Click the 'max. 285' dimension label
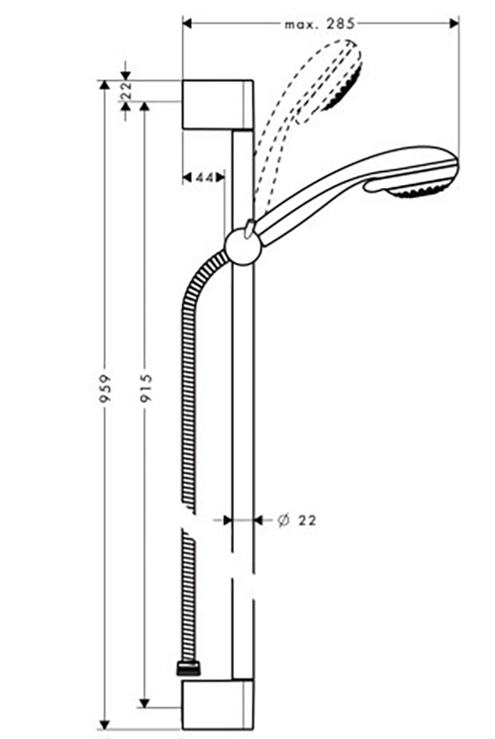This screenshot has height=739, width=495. [319, 24]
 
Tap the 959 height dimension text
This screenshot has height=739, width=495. [106, 389]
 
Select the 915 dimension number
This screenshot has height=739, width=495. [147, 388]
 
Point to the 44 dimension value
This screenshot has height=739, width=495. [203, 178]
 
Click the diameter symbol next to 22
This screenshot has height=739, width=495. [283, 520]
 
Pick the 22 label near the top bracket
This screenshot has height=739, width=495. [126, 91]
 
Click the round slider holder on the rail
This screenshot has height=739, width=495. [243, 247]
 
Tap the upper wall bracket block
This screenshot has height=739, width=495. [218, 105]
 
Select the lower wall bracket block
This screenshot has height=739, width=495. [218, 704]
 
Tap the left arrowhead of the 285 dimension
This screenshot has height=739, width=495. [187, 23]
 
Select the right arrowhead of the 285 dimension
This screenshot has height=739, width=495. [454, 23]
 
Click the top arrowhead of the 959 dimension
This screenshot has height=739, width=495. [105, 85]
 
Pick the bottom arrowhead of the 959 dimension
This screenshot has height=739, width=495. [105, 725]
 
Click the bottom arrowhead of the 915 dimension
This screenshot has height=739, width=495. [145, 702]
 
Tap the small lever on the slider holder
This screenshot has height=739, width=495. [248, 228]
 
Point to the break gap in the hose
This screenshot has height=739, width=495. [188, 518]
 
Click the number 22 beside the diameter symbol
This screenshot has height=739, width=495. [307, 520]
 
